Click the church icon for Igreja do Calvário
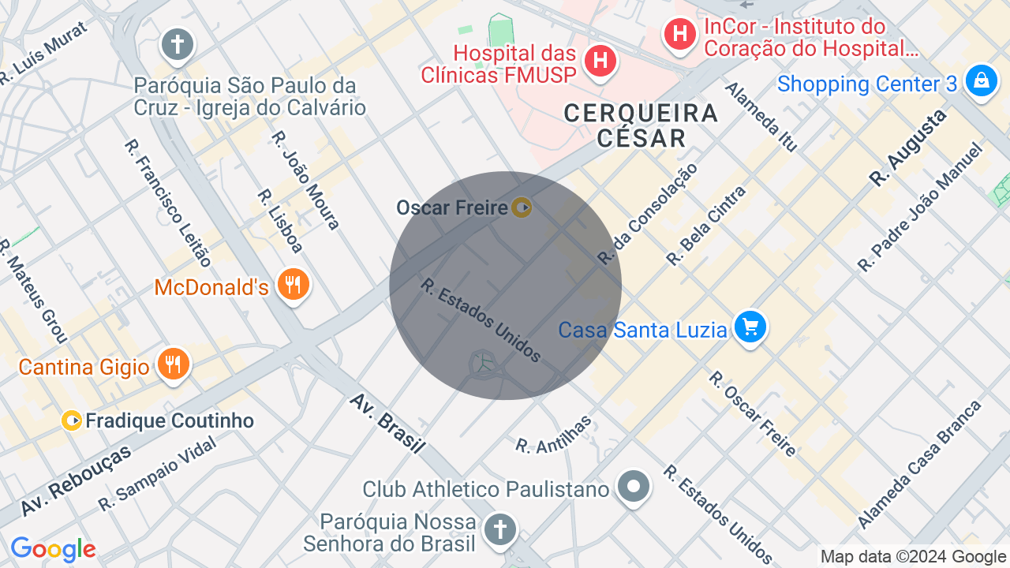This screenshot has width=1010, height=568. [x=178, y=44]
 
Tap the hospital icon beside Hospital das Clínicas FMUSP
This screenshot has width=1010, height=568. [x=600, y=60]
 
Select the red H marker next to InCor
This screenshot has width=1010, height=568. [x=679, y=34]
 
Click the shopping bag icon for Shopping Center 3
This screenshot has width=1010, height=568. [x=982, y=80]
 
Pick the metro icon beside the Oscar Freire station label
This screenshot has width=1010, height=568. [x=521, y=207]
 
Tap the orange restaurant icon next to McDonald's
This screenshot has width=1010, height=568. [x=294, y=284]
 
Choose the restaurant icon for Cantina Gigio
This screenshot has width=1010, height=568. [x=173, y=364]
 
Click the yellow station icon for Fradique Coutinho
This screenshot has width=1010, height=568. [x=72, y=420]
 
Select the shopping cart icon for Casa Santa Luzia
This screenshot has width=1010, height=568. [x=750, y=327]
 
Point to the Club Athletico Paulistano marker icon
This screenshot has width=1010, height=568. [x=634, y=486]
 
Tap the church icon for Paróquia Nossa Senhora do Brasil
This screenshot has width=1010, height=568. [x=499, y=528]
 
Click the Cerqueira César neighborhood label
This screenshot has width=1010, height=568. [x=641, y=125]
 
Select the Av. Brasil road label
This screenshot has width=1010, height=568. [x=387, y=424]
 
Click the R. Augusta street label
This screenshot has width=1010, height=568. [x=908, y=148]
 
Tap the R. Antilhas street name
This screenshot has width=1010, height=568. [x=553, y=435]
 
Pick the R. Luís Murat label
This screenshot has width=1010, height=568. [x=43, y=53]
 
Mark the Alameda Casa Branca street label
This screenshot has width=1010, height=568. [x=919, y=465]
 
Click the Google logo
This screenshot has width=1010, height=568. [x=53, y=549]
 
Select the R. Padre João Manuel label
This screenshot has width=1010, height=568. [x=921, y=207]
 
